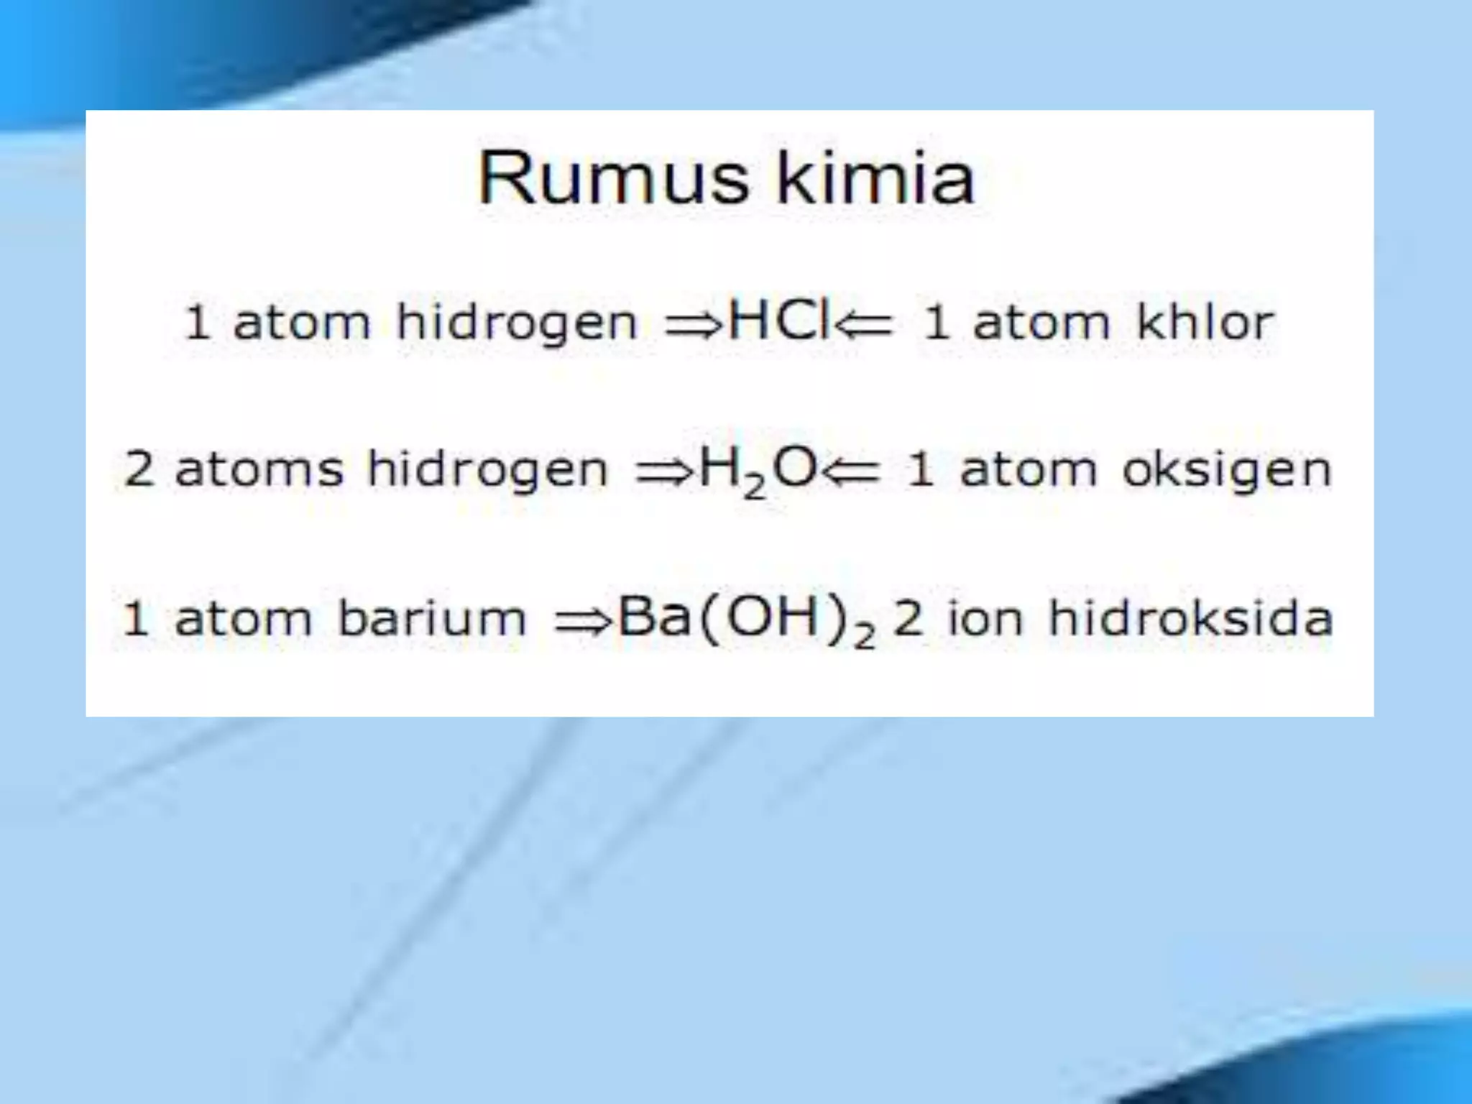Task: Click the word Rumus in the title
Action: [614, 178]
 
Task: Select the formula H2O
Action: [758, 471]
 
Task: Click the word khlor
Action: [1205, 322]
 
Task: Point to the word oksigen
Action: [1227, 471]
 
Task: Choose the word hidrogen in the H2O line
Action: [487, 471]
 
